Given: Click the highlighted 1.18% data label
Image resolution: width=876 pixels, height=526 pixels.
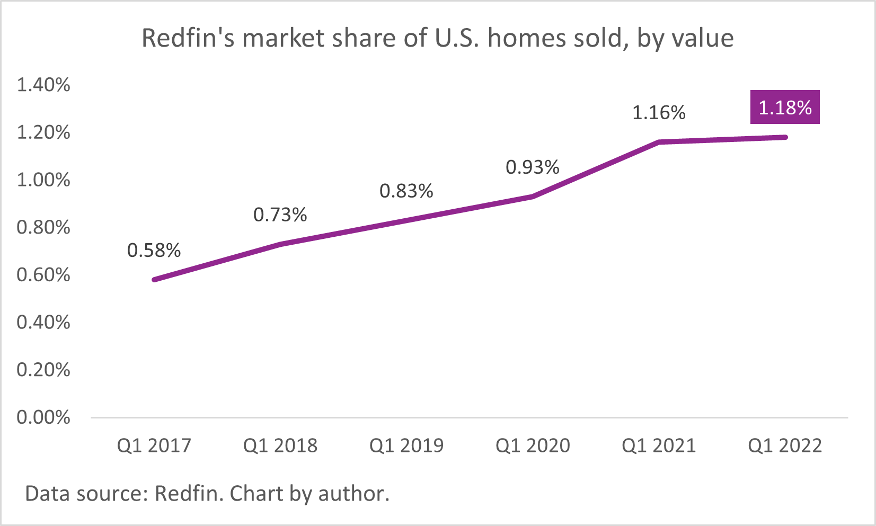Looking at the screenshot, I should point(785,108).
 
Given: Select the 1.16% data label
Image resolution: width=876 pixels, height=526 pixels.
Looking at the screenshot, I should point(659,112).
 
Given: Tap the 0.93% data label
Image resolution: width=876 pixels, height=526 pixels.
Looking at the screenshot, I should point(533,167).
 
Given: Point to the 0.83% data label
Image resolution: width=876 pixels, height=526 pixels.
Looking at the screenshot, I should point(406,191).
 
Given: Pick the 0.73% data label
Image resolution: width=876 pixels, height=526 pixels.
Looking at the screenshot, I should point(280,215).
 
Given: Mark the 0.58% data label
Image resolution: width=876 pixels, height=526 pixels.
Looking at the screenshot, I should point(154,250).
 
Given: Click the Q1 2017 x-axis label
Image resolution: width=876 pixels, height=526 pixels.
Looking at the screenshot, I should point(154,445).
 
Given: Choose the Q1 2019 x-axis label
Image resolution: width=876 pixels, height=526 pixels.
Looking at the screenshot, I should point(406,445).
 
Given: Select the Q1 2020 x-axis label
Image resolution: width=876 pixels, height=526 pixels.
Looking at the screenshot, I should point(533,445).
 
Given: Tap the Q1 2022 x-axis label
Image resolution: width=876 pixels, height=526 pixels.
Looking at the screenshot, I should point(785,445).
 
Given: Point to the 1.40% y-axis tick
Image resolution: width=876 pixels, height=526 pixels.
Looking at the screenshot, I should point(43,85).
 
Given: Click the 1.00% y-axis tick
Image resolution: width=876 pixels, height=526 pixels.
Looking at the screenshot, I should point(43,180).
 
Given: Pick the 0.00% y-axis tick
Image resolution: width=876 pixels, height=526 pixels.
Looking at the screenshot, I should point(43,417).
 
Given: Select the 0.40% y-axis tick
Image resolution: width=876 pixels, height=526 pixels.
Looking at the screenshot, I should point(43,322).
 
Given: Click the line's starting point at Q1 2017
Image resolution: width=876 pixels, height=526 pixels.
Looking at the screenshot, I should point(154,280).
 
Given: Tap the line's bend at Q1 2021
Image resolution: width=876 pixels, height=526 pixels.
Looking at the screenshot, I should point(659,142).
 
